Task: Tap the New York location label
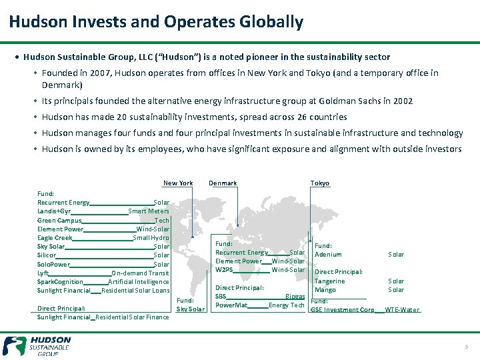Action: point(178,183)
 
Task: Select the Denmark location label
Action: point(223,183)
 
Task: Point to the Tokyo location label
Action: point(320,183)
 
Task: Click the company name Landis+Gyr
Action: point(54,211)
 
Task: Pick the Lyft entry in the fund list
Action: point(43,273)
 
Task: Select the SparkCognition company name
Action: point(60,282)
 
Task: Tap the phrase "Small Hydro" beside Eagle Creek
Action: point(151,238)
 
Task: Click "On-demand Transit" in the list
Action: point(141,273)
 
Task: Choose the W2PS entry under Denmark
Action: point(224,270)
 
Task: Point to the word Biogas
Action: point(295,297)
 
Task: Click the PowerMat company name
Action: point(231,305)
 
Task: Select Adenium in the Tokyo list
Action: point(328,255)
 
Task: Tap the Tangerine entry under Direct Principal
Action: point(330,281)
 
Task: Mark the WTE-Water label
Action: point(402,310)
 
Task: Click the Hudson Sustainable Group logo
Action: point(37,346)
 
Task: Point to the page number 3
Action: point(467,347)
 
